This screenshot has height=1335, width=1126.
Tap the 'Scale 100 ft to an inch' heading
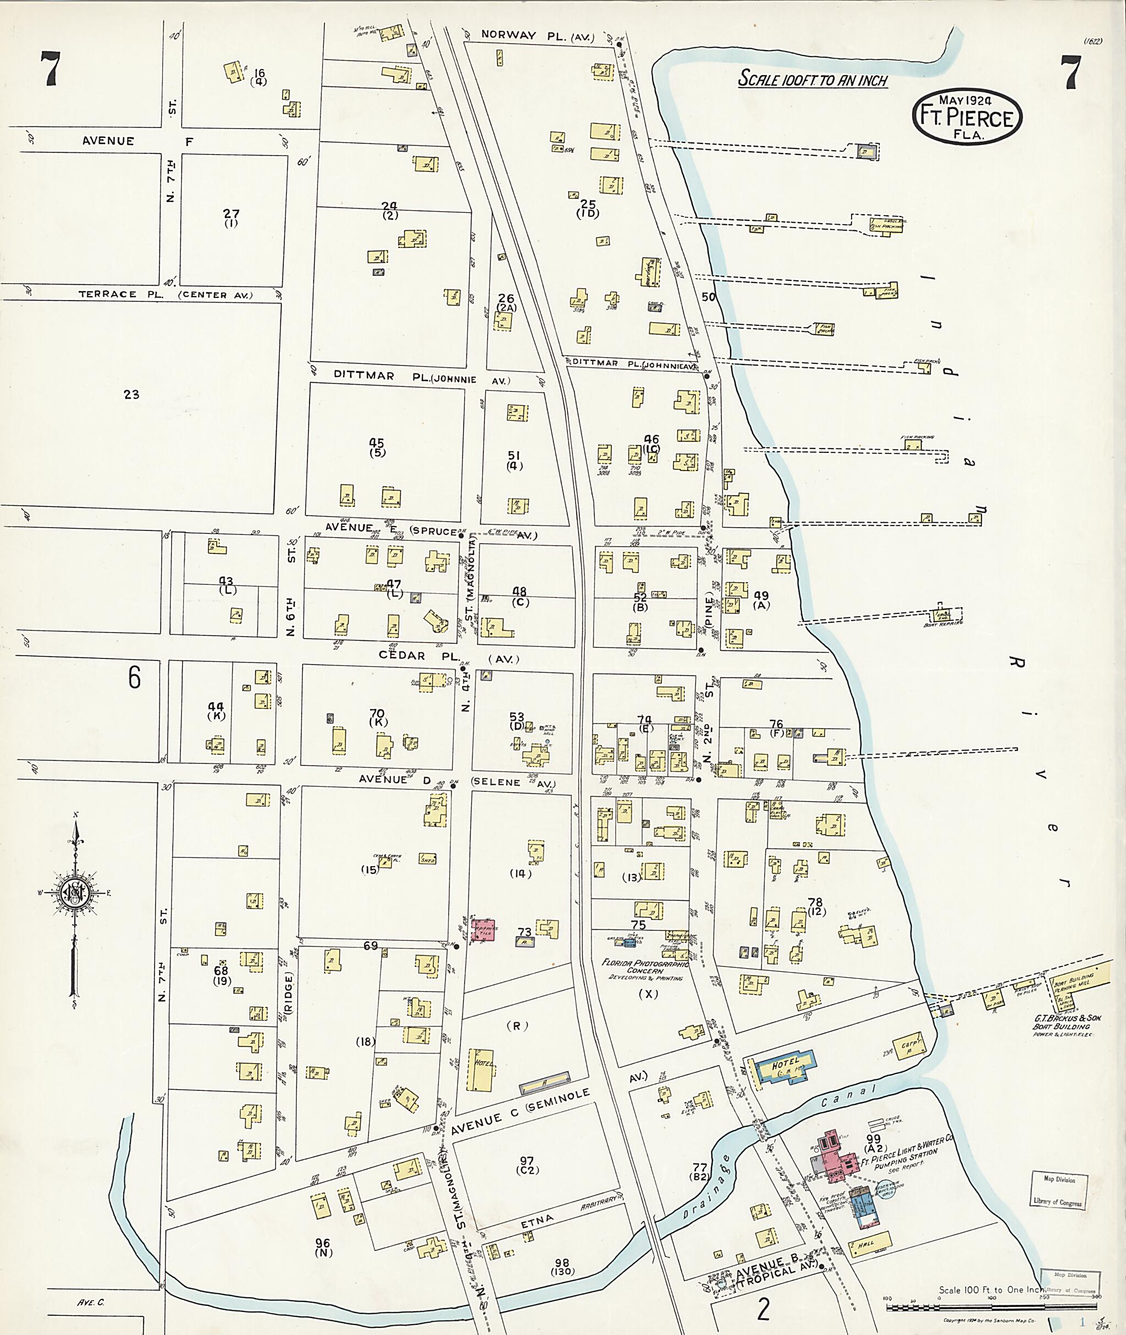click(813, 79)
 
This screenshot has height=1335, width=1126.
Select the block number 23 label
click(131, 395)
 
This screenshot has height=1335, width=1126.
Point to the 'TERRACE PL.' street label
click(108, 294)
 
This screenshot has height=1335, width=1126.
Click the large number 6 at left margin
click(134, 677)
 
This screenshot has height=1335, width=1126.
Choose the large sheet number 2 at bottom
click(763, 1310)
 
